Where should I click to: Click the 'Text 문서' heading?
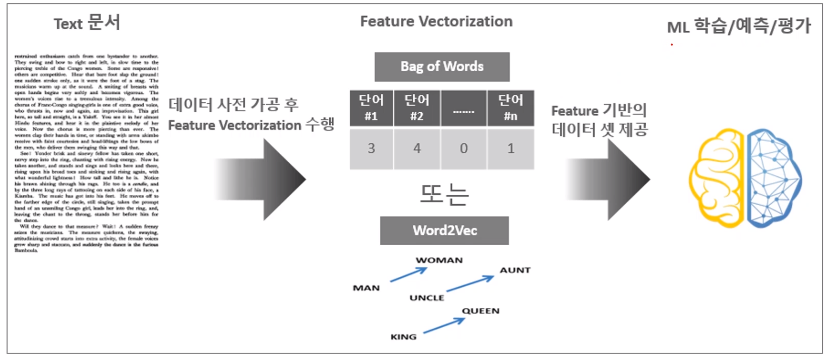87,23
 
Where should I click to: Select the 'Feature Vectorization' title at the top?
436,21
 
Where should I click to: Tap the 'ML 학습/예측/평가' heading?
739,26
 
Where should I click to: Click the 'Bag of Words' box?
442,67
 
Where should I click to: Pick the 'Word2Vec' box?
445,231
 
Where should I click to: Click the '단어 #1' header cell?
371,108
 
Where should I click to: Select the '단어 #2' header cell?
417,108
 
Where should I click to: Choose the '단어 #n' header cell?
510,108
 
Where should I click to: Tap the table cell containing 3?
371,148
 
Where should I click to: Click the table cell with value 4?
417,148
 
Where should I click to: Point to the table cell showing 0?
464,148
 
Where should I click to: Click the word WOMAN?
439,260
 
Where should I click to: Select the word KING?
403,337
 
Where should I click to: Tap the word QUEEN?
481,311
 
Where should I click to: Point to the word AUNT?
515,270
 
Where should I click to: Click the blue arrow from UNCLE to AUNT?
470,284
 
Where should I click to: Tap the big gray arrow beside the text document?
264,179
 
